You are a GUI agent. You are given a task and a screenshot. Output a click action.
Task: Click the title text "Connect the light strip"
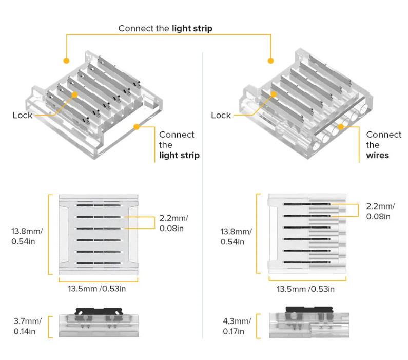point(165,28)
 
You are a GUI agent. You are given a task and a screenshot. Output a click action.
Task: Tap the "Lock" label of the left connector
point(23,116)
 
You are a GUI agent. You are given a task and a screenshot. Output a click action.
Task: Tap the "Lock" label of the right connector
point(221,116)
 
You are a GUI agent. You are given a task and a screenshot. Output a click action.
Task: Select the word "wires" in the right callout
point(378,155)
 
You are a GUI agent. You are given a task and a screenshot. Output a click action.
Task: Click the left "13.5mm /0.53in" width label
point(97,289)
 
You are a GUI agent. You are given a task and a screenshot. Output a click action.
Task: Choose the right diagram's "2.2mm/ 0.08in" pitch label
point(380,211)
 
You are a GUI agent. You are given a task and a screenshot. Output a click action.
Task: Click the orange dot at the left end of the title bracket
point(66,61)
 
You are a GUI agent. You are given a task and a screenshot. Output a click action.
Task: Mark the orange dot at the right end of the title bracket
point(271,61)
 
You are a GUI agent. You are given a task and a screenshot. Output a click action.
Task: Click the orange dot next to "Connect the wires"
point(340,126)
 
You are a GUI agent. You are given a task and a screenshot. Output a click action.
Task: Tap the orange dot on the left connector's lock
point(75,94)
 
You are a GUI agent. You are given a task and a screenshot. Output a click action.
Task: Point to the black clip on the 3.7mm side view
point(98,311)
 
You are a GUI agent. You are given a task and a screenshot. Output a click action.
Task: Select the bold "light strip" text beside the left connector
point(179,155)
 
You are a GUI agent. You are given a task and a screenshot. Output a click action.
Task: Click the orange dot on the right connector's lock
point(274,94)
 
